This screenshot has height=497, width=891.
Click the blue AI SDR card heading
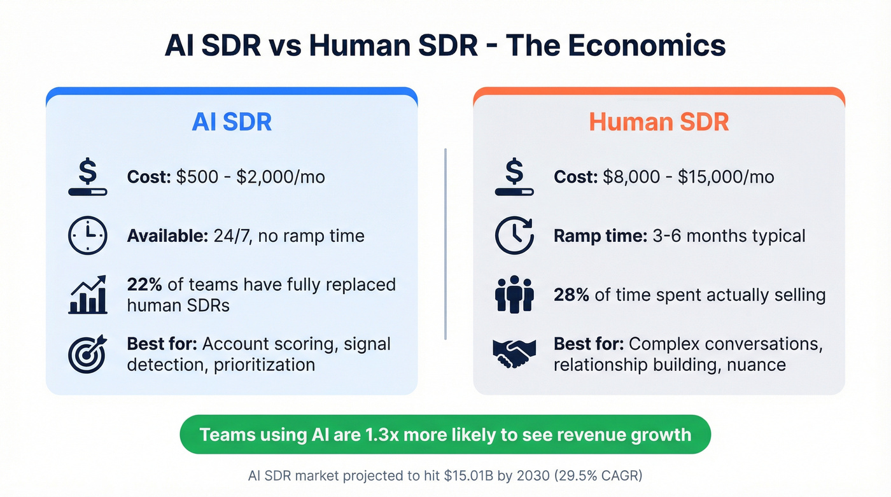pyautogui.click(x=232, y=122)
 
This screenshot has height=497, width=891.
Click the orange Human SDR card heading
pyautogui.click(x=659, y=122)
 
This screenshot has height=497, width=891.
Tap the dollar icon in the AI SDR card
pyautogui.click(x=87, y=177)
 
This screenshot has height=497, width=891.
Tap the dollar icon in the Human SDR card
pyautogui.click(x=514, y=177)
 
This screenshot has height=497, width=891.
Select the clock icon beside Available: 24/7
pyautogui.click(x=87, y=236)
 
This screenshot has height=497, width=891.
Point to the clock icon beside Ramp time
pyautogui.click(x=514, y=236)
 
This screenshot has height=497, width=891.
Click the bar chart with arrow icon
pyautogui.click(x=87, y=295)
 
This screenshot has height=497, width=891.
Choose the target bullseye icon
pyautogui.click(x=87, y=354)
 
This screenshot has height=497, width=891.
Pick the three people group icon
pyautogui.click(x=514, y=295)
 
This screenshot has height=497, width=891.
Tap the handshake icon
pyautogui.click(x=514, y=354)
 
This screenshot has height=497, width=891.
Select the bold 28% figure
pyautogui.click(x=572, y=295)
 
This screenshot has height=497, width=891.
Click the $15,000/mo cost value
pyautogui.click(x=726, y=176)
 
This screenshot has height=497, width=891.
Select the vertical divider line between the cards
pyautogui.click(x=445, y=244)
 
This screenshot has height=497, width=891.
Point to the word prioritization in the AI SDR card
pyautogui.click(x=264, y=365)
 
